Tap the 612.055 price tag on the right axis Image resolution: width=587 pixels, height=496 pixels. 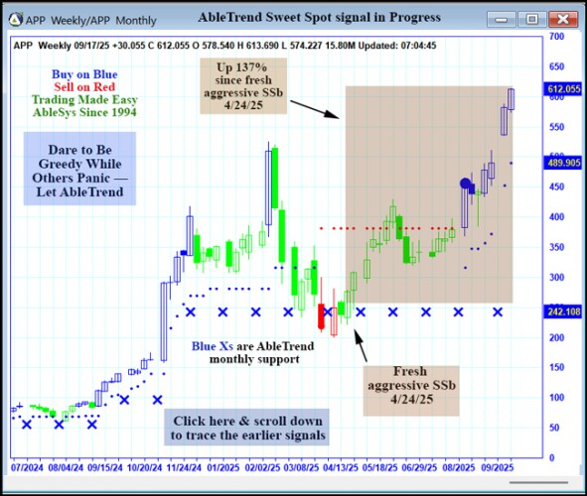(563, 89)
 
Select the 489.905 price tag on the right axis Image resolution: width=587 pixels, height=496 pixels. (563, 163)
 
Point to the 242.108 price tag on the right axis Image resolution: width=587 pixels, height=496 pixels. (563, 311)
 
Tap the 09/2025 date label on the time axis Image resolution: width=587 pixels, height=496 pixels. (499, 464)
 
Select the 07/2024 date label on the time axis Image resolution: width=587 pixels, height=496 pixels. (28, 464)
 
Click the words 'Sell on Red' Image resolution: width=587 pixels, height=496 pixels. (84, 87)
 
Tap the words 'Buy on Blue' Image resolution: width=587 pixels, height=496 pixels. (84, 74)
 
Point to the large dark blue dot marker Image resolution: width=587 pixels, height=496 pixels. (465, 184)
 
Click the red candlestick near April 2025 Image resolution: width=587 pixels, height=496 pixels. (322, 316)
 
